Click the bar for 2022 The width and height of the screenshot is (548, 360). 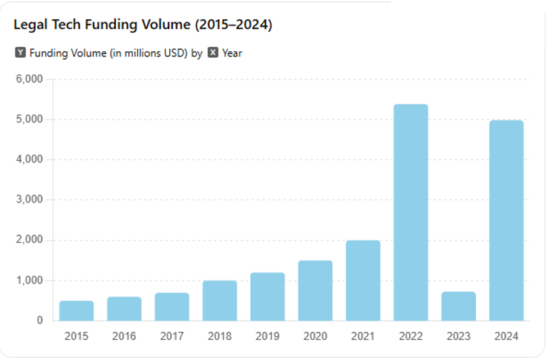coord(411,212)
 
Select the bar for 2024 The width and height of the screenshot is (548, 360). coord(506,220)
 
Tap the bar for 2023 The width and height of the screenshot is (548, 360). coord(458,306)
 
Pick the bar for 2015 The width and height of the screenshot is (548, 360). coord(76,310)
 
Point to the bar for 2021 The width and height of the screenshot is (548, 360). coord(363,281)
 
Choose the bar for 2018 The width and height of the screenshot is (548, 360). coord(220,301)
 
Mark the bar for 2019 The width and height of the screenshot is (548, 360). coord(267,296)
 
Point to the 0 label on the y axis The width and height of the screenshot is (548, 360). coord(39,321)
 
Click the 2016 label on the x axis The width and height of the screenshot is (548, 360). coord(124,336)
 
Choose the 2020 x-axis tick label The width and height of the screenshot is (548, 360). coord(315,336)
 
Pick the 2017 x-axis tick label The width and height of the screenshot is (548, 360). coord(172,336)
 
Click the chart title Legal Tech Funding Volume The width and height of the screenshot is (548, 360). coord(143,25)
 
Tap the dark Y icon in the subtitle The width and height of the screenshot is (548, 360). coord(20,53)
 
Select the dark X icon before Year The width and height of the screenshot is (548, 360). coord(213,53)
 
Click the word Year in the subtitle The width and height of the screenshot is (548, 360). coord(232,53)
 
